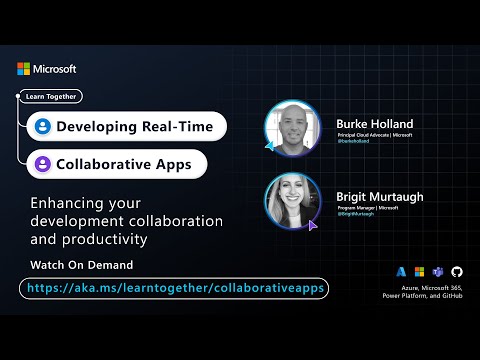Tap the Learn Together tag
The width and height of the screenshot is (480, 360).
[51, 97]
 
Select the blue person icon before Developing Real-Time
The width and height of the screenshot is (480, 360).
[42, 127]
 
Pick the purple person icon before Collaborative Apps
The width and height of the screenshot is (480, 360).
[42, 163]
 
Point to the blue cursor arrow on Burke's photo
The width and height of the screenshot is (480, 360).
[270, 146]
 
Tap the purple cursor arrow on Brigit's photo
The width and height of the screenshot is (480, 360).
[313, 226]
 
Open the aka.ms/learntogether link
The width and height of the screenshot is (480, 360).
[174, 288]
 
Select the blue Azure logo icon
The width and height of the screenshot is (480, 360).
[401, 272]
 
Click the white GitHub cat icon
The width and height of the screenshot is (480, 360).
[457, 272]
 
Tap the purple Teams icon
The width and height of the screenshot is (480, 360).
[438, 272]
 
